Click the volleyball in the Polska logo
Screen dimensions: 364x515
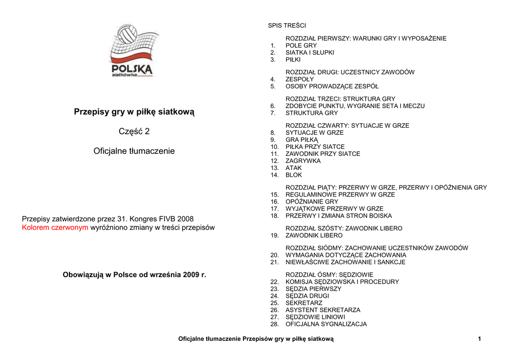(x=127, y=36)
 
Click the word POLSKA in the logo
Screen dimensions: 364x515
(x=132, y=69)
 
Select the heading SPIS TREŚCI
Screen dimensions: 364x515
(x=287, y=25)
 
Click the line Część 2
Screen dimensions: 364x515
(x=134, y=132)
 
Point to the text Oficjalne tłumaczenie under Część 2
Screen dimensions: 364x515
(x=134, y=151)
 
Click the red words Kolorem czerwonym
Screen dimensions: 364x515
(x=55, y=227)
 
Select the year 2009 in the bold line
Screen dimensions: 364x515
(x=191, y=275)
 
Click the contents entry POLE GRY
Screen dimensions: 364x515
(x=301, y=45)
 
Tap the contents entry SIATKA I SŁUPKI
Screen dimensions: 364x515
(x=310, y=52)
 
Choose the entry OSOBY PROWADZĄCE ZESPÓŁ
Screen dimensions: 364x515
(x=332, y=86)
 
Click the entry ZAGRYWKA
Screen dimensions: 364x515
(x=303, y=161)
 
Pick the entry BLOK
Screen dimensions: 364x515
(x=294, y=175)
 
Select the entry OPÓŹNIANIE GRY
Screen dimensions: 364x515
(x=312, y=202)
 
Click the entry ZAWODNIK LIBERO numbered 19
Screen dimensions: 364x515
(x=314, y=235)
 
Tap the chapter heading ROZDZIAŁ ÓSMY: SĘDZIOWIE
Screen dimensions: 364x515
(x=329, y=275)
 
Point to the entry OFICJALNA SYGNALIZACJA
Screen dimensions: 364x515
(x=326, y=324)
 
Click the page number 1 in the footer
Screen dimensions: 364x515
(x=479, y=339)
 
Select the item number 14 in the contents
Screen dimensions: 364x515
(x=274, y=175)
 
